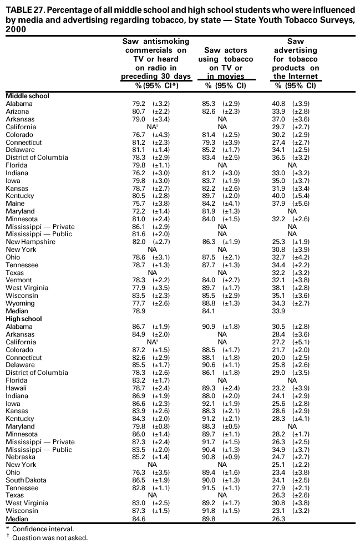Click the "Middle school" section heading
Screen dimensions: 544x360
[27, 96]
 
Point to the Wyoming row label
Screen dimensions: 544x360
[19, 303]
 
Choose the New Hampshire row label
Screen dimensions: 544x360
[31, 242]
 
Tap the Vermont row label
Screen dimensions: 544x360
[18, 280]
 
